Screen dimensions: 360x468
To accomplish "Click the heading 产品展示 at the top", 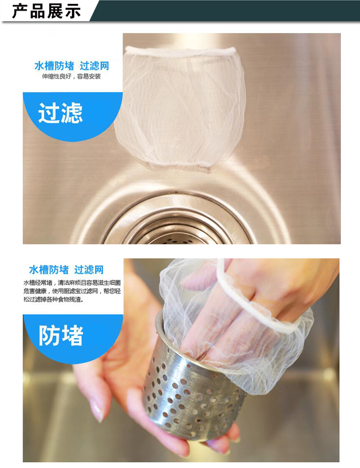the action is coord(46,11).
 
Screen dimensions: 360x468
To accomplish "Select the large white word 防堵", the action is coord(60,335).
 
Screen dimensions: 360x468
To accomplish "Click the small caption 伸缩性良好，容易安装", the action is coord(72,76).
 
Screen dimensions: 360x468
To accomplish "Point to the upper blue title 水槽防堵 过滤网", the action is coord(72,66).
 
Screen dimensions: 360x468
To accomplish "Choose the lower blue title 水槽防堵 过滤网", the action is coord(66,270).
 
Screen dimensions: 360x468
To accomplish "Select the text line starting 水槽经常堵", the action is coord(72,283).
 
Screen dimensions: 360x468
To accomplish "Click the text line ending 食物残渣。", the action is coord(53,299).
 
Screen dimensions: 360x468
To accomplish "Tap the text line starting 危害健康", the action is coord(72,291).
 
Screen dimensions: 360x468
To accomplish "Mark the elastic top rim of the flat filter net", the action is coord(180,51).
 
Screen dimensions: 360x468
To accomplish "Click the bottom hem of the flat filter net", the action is coord(178,165).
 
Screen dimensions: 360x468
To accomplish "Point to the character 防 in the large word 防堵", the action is coord(49,335).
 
